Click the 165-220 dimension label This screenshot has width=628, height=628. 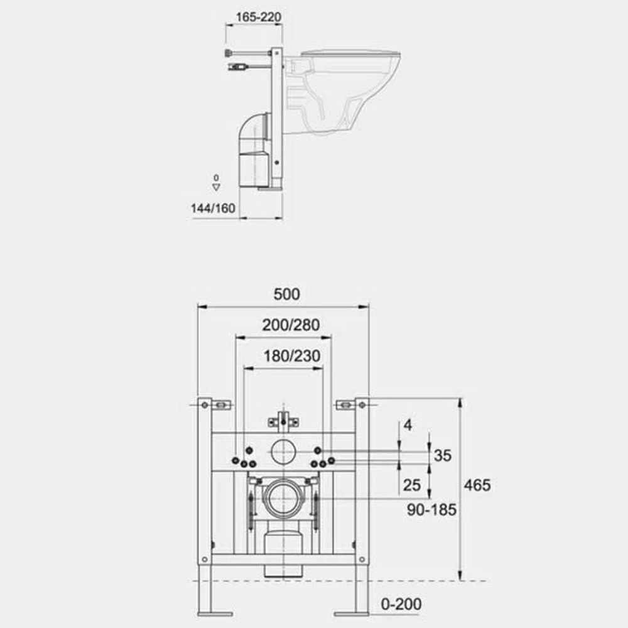point(258,17)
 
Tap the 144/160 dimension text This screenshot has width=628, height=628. point(213,208)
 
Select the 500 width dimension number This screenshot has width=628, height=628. point(286,295)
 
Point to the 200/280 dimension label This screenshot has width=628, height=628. point(291,325)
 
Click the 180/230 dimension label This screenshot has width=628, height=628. point(291,355)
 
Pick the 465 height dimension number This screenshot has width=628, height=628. point(477,485)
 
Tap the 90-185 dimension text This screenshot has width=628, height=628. point(432,510)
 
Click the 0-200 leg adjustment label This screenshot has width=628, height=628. point(401,604)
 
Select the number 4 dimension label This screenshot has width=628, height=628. point(408,425)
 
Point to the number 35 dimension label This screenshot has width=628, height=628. point(443,455)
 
